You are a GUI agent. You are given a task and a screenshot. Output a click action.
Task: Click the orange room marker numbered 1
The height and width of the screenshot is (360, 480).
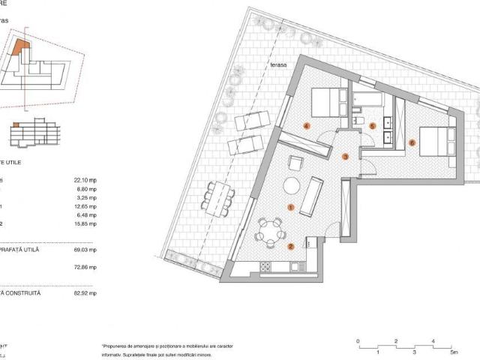(291, 206)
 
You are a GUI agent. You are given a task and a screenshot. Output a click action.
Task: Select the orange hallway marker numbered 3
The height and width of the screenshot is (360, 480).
(344, 157)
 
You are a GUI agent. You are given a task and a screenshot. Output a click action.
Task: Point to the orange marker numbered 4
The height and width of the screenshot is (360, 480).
(306, 126)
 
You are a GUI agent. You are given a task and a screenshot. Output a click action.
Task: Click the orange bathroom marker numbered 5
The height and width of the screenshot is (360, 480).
(372, 126)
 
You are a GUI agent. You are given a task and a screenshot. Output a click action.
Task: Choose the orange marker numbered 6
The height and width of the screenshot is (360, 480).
(412, 141)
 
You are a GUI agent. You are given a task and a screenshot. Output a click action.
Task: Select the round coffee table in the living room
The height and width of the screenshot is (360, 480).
(290, 187)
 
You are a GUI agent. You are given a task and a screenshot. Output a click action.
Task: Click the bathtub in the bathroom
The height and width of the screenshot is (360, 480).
(367, 99)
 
